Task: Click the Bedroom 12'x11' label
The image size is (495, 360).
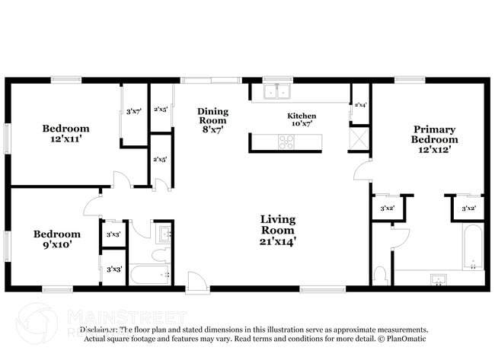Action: coord(65,134)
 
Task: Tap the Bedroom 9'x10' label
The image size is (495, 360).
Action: coord(56,239)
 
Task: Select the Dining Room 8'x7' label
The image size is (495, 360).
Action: coord(212,119)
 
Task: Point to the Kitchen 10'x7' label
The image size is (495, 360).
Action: coord(302,120)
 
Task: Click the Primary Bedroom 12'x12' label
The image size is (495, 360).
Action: coord(434,139)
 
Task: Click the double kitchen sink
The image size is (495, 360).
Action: coord(277,92)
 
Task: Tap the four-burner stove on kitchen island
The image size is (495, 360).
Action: coord(286,141)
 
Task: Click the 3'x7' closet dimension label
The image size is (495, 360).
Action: coord(133,113)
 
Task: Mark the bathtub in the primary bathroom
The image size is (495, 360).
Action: coord(473,247)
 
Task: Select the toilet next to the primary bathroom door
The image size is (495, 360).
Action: coord(380,273)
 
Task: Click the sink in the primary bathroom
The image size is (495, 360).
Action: coord(438,279)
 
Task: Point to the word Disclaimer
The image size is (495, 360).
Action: coord(99,330)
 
